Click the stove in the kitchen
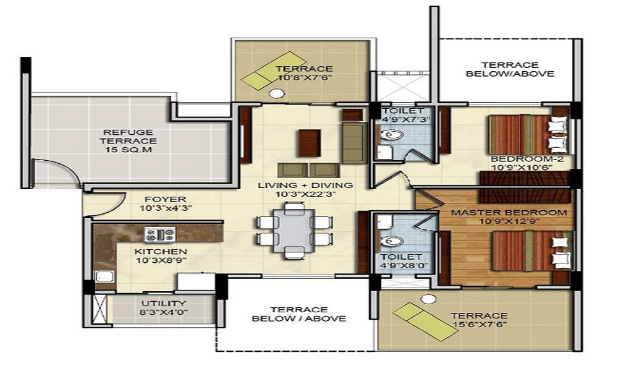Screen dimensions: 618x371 tap(159, 235)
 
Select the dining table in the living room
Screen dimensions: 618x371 tap(294, 231)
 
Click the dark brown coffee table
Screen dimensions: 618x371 tap(310, 143)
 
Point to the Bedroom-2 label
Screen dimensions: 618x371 tap(527, 159)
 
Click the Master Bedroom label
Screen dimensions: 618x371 tap(509, 213)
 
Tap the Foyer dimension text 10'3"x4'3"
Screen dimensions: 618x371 tap(166, 208)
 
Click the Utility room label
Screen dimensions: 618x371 tap(164, 304)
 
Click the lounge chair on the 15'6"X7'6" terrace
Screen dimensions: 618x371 tap(425, 322)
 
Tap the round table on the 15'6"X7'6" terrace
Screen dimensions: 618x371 tap(426, 299)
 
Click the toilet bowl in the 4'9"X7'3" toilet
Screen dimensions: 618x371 tap(392, 135)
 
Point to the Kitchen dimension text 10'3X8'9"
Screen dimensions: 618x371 tap(161, 260)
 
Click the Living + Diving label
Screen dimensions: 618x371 tap(305, 185)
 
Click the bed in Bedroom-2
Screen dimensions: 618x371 tap(529, 134)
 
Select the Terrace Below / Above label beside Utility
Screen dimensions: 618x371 tap(299, 314)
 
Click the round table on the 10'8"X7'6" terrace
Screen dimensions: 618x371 tap(277, 93)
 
